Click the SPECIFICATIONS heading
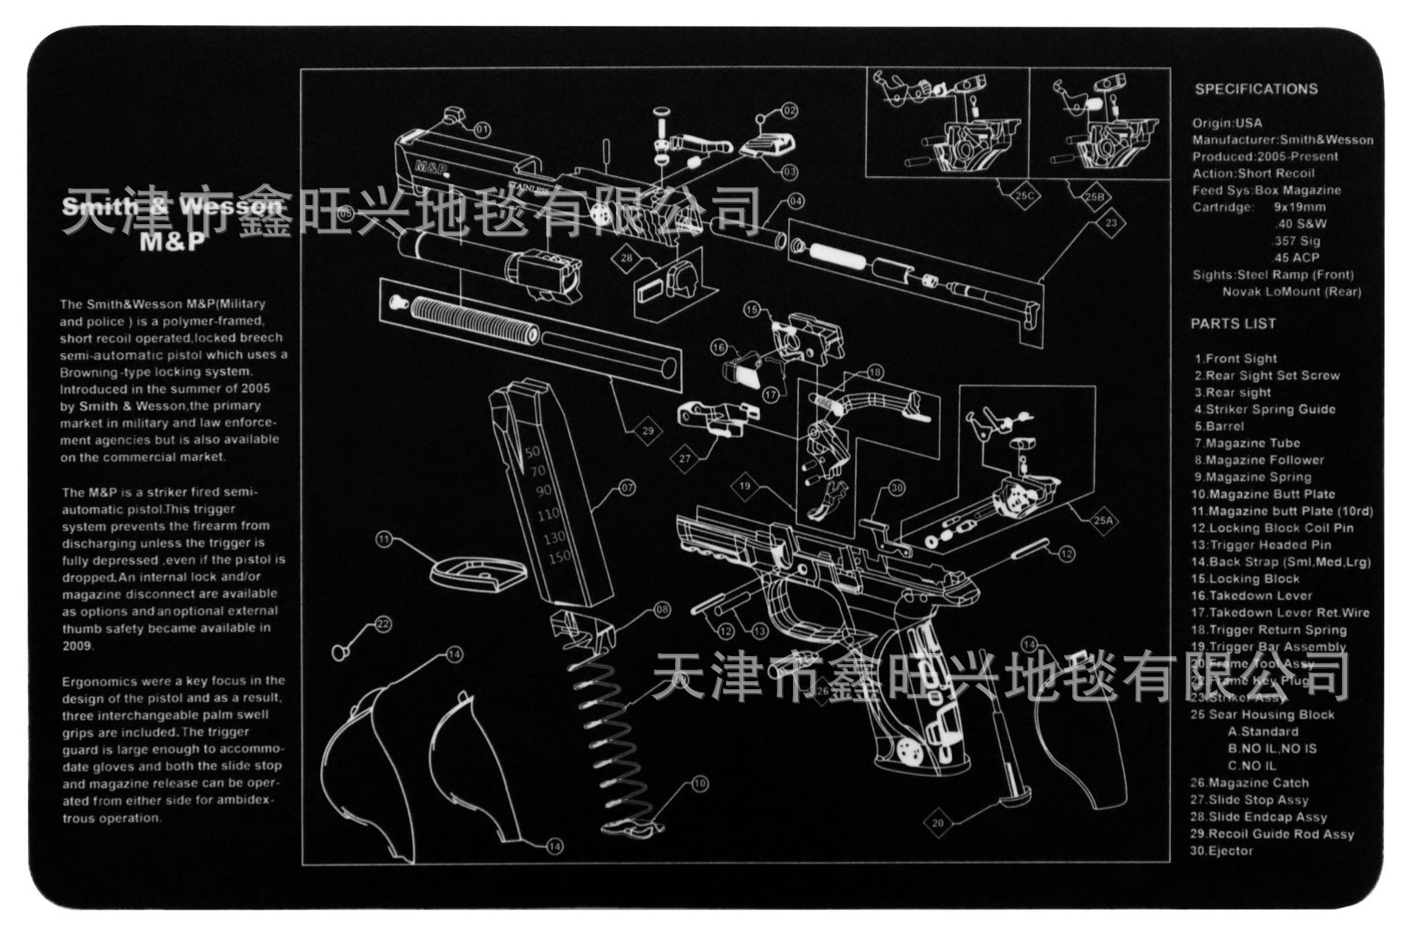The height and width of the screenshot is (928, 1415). [x=1256, y=89]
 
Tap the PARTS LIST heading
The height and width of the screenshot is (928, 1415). [x=1232, y=324]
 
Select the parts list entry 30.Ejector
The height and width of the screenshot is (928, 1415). [x=1221, y=851]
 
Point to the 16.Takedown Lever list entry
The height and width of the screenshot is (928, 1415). [x=1251, y=596]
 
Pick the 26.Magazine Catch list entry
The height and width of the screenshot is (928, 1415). [x=1249, y=783]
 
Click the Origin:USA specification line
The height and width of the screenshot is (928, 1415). [x=1227, y=123]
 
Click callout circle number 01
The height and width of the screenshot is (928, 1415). [x=481, y=130]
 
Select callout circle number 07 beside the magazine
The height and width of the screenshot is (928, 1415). [x=626, y=487]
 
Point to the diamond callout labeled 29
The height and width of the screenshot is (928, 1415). [x=647, y=430]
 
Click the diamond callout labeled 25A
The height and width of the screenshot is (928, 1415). [x=1103, y=520]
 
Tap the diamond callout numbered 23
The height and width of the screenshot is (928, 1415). [x=1111, y=223]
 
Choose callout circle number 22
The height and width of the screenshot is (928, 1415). [x=382, y=624]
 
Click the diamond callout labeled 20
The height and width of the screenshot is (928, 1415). [x=937, y=823]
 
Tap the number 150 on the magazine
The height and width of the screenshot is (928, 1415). [x=559, y=557]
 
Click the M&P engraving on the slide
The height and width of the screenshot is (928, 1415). [x=431, y=168]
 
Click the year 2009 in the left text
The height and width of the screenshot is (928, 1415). [x=77, y=646]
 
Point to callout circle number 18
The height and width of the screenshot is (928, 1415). [x=875, y=372]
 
